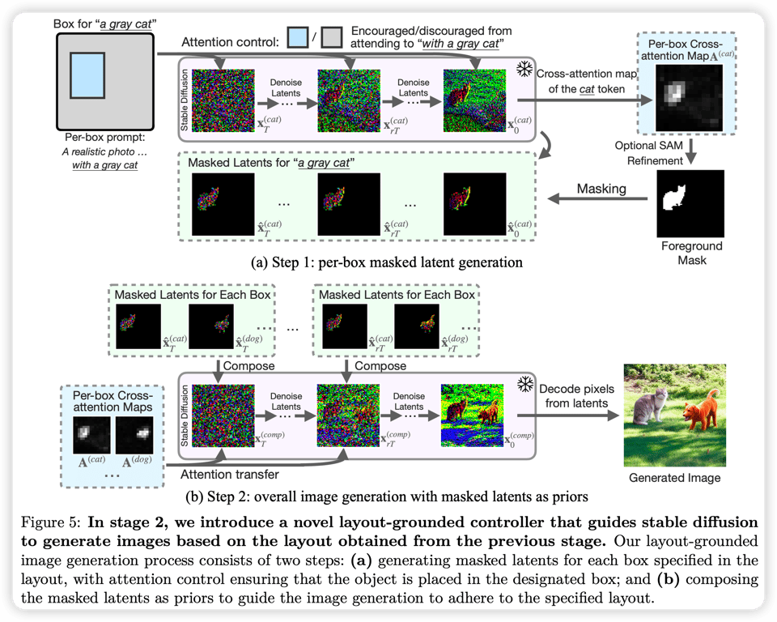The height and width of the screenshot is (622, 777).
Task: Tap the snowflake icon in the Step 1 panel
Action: coord(524,69)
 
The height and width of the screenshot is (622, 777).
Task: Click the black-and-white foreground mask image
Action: coord(690,203)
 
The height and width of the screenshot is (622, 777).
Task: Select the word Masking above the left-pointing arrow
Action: coord(601,189)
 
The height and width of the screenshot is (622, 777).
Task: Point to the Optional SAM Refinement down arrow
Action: coord(690,152)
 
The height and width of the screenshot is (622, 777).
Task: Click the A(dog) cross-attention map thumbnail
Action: coord(134,435)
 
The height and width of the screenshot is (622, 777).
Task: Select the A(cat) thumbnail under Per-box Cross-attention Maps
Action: coord(91,435)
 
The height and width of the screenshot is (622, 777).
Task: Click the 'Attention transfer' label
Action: coord(229,475)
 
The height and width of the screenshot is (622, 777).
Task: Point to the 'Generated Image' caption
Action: coord(674,478)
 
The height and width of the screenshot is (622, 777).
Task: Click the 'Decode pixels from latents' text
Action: coord(576,396)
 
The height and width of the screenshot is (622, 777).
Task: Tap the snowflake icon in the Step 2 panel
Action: coord(524,384)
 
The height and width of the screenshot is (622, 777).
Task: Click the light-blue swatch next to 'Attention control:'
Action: coord(298,38)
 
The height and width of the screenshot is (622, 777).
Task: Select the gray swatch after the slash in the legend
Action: coord(332,38)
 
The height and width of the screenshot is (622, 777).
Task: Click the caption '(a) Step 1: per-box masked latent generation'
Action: coord(387,262)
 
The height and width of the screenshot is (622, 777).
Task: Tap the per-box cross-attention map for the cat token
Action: coord(689,98)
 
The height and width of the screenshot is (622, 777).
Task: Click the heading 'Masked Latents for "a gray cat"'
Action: coord(271,163)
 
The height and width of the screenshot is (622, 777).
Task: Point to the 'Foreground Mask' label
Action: coord(692,253)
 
